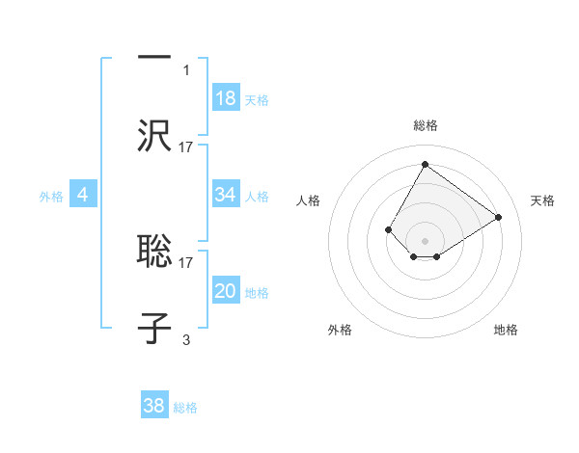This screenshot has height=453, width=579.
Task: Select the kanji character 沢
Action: click(154, 135)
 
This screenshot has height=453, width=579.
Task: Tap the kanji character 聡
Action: click(154, 251)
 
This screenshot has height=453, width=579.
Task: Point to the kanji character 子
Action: click(154, 328)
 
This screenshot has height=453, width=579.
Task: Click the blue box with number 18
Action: click(226, 98)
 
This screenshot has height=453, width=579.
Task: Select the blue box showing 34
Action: click(226, 195)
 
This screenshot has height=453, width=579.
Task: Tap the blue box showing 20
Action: click(226, 291)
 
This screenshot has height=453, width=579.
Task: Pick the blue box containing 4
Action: click(83, 195)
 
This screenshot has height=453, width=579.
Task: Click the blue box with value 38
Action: click(154, 406)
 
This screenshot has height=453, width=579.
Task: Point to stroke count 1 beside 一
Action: click(186, 69)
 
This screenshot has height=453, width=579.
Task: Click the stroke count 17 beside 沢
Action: click(186, 147)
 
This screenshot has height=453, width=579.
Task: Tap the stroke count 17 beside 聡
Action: click(186, 261)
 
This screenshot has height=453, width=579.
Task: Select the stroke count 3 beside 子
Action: click(186, 339)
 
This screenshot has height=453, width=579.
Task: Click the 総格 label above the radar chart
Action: click(426, 125)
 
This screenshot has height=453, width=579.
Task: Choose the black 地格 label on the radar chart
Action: click(506, 330)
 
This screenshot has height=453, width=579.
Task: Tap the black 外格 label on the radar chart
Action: click(340, 330)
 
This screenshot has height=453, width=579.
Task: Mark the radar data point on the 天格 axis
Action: click(498, 217)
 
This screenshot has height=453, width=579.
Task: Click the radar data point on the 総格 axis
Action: click(425, 164)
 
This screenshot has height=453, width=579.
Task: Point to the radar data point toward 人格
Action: click(389, 229)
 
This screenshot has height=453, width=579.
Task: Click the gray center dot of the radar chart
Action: click(425, 241)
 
